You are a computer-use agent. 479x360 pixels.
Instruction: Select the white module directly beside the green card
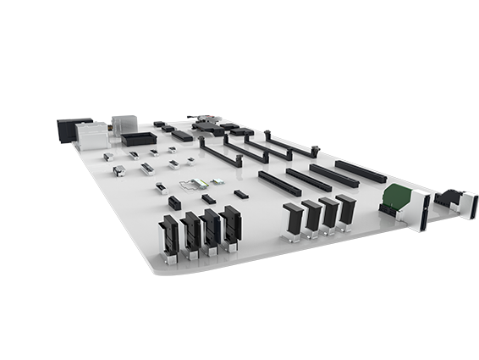point(420,209)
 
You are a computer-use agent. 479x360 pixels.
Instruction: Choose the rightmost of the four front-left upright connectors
point(231,224)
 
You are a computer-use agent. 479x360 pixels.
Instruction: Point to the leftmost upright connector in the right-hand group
point(293,219)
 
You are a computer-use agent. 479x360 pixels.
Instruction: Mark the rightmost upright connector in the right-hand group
point(345,209)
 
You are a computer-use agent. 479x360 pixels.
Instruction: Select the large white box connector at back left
point(92,135)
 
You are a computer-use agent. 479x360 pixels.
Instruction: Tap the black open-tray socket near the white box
point(139,138)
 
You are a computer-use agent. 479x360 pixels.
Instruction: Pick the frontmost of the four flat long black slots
point(279,183)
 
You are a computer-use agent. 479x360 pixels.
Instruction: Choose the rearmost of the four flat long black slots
point(360,171)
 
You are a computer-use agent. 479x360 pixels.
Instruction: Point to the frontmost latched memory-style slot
point(218,155)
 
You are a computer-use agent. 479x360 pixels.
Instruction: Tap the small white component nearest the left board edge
point(108,157)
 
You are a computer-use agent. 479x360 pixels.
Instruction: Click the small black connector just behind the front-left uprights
point(174,202)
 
